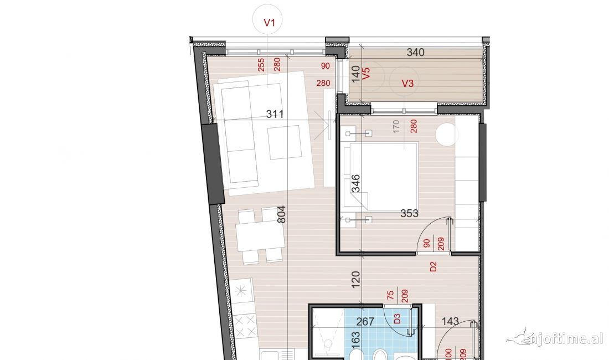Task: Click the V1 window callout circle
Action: pos(270,23)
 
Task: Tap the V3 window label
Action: pos(407,84)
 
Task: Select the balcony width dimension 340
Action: pos(415,53)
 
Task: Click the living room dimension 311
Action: pos(275,115)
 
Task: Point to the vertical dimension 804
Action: pos(281,214)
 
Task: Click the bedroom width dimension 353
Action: pos(409,213)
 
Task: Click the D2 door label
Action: pos(433,268)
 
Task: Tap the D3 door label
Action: pos(397,318)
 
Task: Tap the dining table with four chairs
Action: pos(259,235)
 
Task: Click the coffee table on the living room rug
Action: pos(284,142)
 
